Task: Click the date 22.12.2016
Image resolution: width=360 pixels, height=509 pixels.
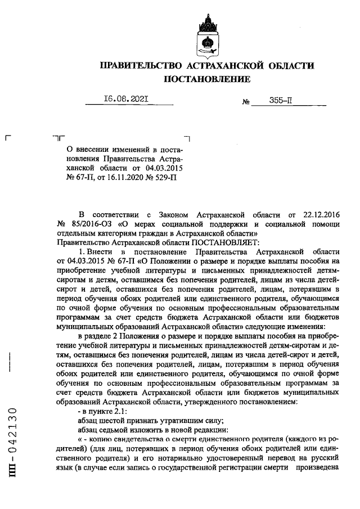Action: pyautogui.click(x=316, y=215)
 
